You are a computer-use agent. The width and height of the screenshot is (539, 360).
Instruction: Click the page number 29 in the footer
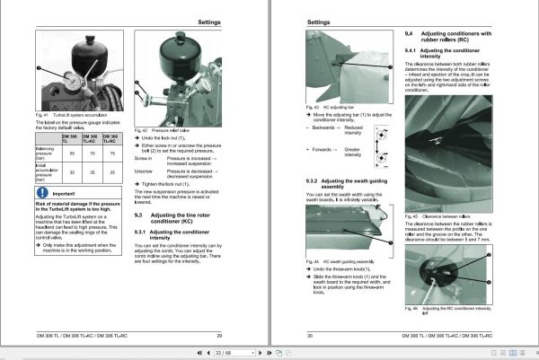point(219,334)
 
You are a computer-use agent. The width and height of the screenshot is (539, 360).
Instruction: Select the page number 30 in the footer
point(310,334)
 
